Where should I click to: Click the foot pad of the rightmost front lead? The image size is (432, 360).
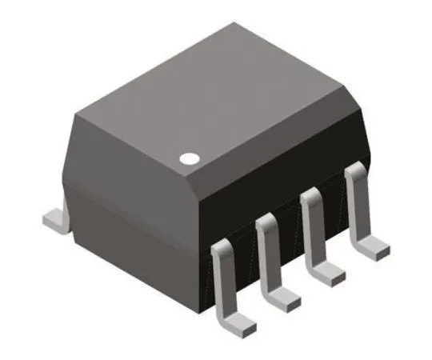[371, 247]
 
